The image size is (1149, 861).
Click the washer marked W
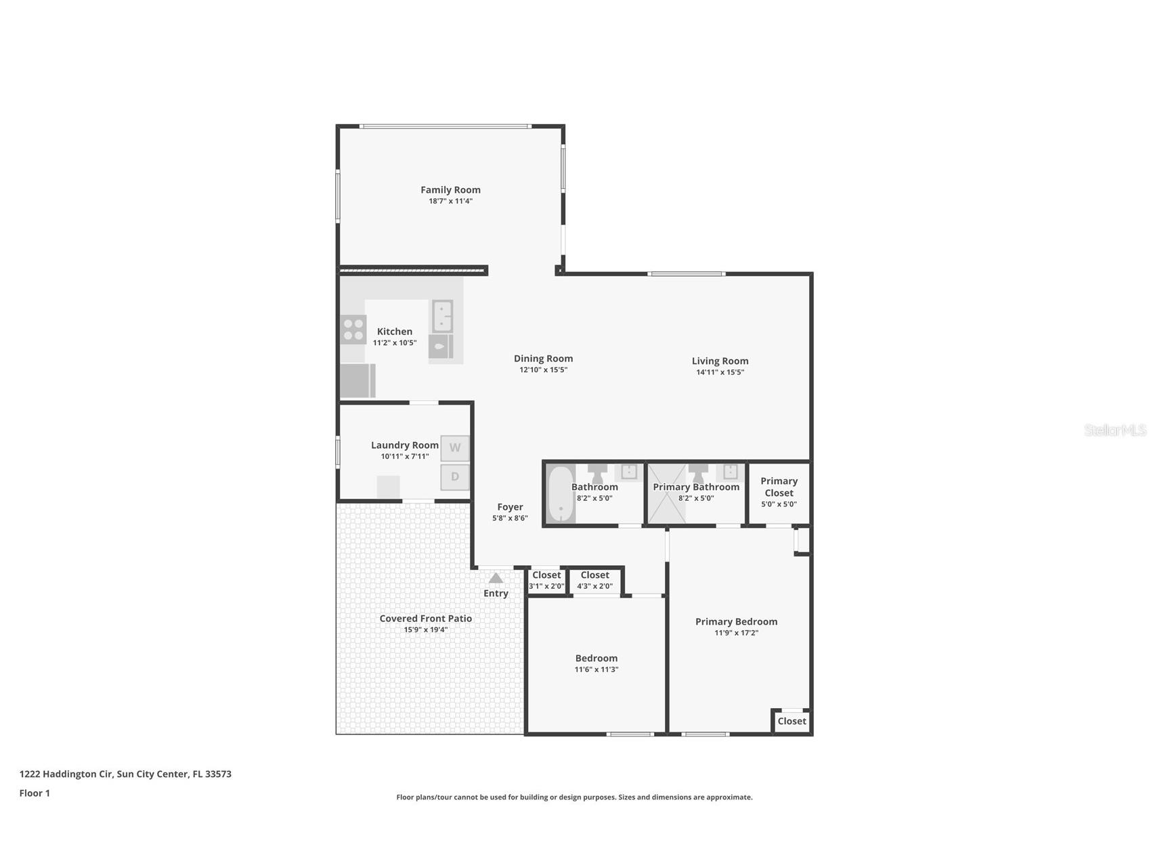tap(455, 447)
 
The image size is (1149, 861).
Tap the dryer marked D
tap(455, 477)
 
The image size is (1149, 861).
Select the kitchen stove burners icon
tap(353, 330)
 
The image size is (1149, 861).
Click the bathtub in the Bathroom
tap(561, 494)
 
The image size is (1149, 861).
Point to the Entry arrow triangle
tap(496, 578)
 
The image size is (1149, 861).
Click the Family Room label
tap(450, 190)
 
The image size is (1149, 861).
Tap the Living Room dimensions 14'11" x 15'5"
tap(720, 372)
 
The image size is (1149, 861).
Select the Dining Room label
tap(543, 359)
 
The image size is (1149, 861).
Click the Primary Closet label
tap(779, 487)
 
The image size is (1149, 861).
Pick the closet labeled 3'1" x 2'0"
tap(546, 581)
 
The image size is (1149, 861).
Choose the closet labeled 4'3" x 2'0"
tap(594, 581)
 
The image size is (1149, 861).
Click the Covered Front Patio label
tap(425, 619)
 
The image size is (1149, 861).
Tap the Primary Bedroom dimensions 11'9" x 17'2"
tap(736, 633)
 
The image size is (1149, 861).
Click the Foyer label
tap(510, 507)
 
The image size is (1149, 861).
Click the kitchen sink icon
tap(442, 316)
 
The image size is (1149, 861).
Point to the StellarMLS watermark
tap(1114, 430)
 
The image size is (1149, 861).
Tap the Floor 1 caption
tap(35, 793)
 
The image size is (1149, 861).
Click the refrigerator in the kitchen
tap(356, 380)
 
